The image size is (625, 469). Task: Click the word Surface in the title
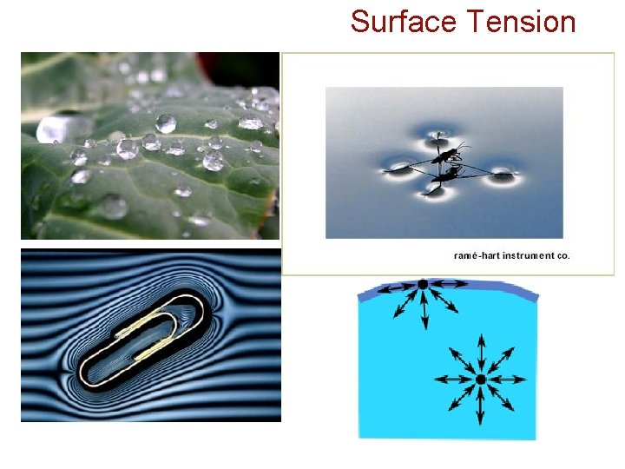point(393,21)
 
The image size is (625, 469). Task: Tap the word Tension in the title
point(521,21)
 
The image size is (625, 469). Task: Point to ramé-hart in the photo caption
point(476,255)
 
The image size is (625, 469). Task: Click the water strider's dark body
point(449,156)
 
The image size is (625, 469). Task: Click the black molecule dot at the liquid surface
point(423,285)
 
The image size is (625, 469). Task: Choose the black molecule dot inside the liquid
point(480,380)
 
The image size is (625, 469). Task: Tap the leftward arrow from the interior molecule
point(451,380)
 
